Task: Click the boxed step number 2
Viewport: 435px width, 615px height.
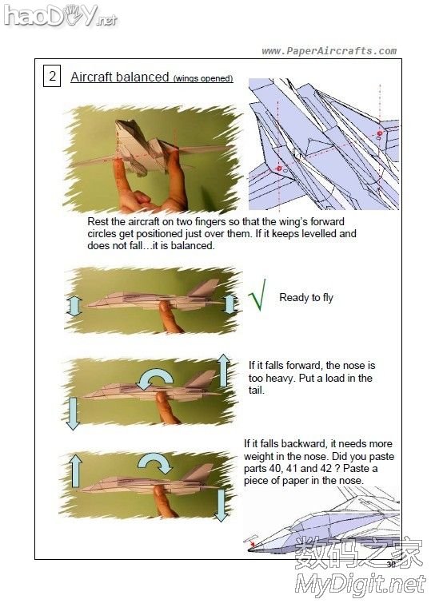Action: click(52, 76)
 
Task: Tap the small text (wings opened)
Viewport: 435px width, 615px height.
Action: click(203, 78)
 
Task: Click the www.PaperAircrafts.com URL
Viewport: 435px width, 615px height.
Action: click(329, 51)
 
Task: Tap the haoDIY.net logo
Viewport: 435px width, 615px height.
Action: click(61, 16)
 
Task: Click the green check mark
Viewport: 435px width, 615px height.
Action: click(257, 295)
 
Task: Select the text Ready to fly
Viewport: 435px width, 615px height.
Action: click(306, 298)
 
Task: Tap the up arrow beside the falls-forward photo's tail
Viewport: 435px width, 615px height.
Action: click(223, 371)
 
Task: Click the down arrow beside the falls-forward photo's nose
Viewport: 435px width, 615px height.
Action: click(73, 414)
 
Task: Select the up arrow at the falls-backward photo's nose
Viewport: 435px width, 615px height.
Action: click(75, 470)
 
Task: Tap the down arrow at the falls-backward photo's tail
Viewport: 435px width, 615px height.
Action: click(221, 505)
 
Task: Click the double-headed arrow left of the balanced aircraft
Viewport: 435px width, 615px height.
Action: click(74, 306)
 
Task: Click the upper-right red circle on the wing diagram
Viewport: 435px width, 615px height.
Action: click(380, 133)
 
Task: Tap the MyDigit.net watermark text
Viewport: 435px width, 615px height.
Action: click(361, 585)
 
